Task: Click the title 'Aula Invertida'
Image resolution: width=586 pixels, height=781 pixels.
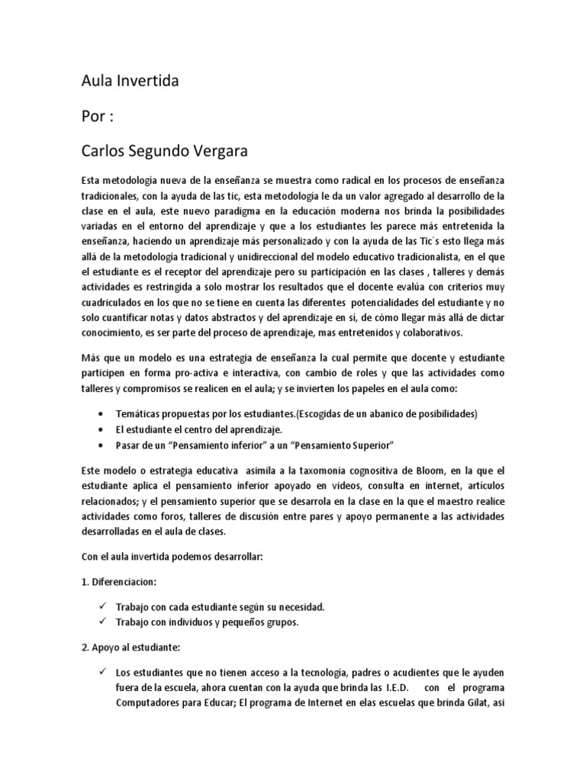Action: coord(130,80)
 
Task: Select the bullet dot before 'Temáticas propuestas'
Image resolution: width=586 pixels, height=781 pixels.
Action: coord(102,413)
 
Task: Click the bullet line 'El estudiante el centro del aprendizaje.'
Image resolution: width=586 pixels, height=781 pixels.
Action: coord(199,429)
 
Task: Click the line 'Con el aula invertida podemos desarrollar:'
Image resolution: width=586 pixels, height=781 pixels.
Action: coord(172,557)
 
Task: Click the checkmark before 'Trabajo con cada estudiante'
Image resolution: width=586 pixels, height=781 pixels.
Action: coord(101,607)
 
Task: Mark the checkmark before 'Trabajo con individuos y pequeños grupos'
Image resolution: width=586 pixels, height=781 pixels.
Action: coord(101,622)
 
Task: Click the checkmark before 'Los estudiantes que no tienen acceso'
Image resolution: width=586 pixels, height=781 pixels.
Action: coord(101,672)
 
